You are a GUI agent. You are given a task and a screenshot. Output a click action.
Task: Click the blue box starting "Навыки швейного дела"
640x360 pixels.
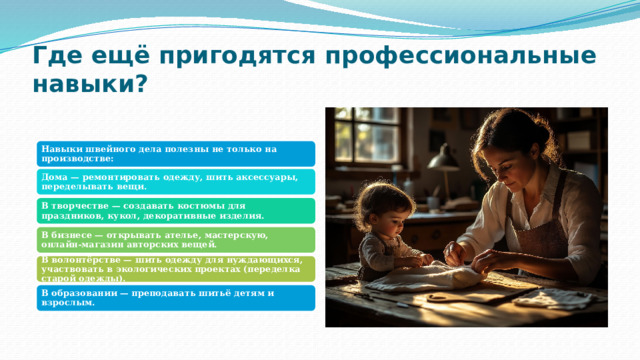[177, 153]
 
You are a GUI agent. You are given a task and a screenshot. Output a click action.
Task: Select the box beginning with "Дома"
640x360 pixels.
[177, 181]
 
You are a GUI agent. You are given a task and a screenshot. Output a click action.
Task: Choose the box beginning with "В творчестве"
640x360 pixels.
[177, 210]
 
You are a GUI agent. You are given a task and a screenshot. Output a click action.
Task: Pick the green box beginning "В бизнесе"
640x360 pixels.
[177, 239]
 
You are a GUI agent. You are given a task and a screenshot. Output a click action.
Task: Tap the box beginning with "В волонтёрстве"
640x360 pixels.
[177, 268]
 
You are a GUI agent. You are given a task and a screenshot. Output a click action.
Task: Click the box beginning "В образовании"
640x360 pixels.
[177, 297]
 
